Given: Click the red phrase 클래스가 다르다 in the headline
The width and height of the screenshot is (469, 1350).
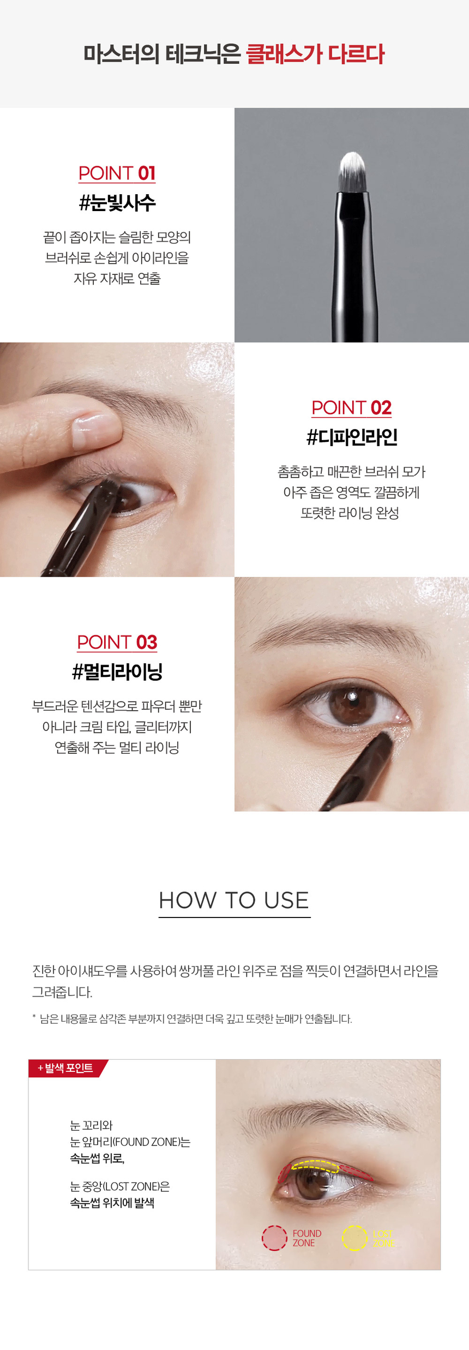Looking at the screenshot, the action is (315, 54).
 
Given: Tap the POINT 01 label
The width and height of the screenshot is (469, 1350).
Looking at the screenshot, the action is (117, 173).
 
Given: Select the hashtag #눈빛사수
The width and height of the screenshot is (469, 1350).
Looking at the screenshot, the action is (117, 203).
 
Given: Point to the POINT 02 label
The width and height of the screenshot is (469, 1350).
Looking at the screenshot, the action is (352, 407).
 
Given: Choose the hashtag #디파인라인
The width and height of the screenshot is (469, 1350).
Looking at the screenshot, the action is (352, 437).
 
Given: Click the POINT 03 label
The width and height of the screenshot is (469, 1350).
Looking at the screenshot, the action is (117, 642).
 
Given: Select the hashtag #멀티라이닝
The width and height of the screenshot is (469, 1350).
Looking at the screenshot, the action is (117, 671).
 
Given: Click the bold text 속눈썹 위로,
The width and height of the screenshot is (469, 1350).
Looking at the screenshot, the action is (97, 1158).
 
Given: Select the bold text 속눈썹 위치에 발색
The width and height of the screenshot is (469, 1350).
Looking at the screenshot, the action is (112, 1203).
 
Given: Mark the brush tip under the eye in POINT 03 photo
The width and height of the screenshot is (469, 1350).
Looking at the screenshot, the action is (385, 739).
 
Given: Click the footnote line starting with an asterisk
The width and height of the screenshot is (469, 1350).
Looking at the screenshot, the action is (192, 1018).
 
